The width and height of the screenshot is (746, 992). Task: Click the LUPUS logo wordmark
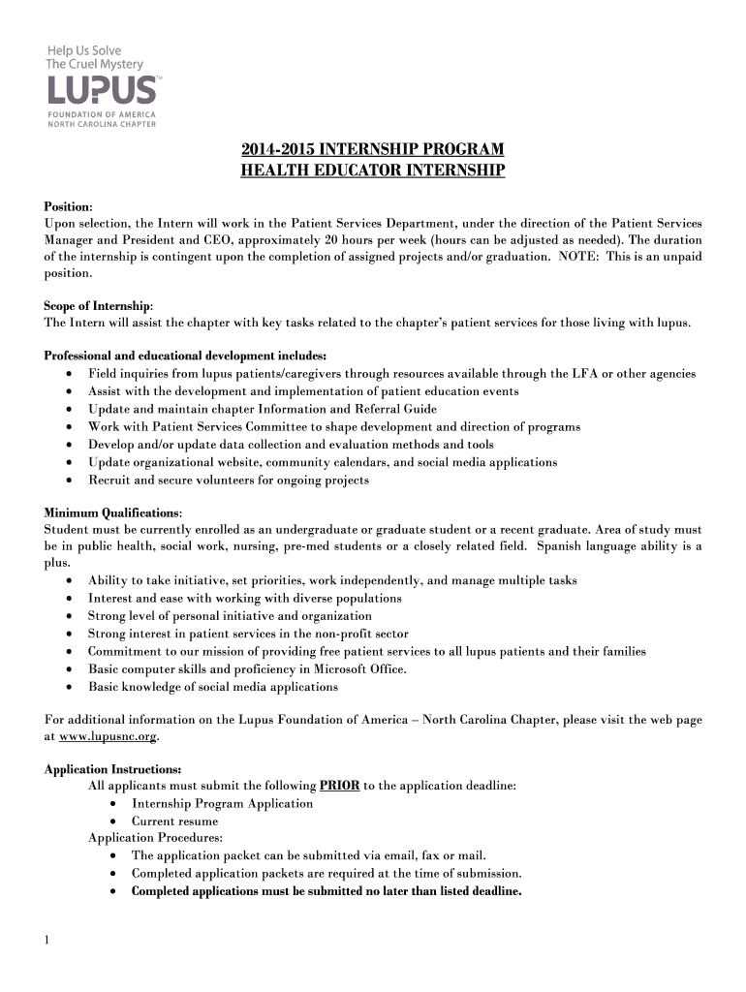coord(101,91)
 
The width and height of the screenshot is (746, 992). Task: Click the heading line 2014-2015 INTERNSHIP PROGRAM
coord(373,150)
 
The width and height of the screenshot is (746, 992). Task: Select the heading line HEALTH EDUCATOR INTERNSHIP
coord(373,171)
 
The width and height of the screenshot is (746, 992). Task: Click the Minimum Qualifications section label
coord(113,512)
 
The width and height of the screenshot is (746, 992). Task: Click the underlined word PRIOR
coord(339,787)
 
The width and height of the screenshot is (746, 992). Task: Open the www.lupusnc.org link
coord(108,737)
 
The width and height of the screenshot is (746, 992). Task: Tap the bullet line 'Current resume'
coord(174,821)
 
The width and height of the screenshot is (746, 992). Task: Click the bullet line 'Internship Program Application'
coord(222,804)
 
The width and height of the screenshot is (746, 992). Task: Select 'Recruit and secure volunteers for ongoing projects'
coord(228,480)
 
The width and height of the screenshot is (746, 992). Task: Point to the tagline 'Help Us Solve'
coord(84,50)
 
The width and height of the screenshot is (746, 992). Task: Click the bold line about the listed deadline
coord(326,891)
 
